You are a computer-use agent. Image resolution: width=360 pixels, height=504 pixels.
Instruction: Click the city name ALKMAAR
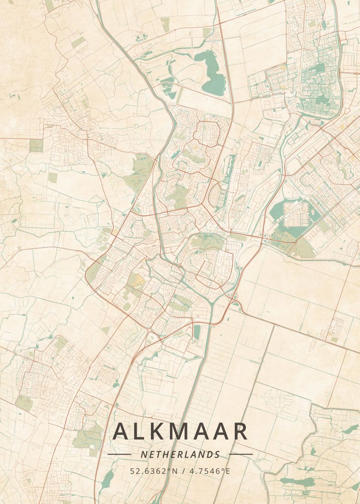click(x=180, y=431)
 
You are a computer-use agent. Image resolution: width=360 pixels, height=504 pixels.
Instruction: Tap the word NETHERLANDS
click(x=180, y=454)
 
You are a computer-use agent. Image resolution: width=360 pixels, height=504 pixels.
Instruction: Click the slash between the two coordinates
click(x=181, y=471)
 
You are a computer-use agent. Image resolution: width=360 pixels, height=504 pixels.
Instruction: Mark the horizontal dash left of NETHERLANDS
click(x=119, y=454)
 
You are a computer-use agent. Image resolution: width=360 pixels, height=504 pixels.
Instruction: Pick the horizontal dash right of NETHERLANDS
click(x=241, y=454)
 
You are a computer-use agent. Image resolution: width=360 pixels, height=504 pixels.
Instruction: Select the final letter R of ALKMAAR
click(x=240, y=431)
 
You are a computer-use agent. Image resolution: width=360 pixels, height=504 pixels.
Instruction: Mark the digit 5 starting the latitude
click(x=132, y=471)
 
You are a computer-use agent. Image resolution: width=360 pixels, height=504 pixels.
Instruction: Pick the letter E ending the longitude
click(x=228, y=471)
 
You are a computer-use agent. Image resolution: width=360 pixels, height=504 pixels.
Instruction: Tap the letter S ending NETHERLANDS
click(x=217, y=454)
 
